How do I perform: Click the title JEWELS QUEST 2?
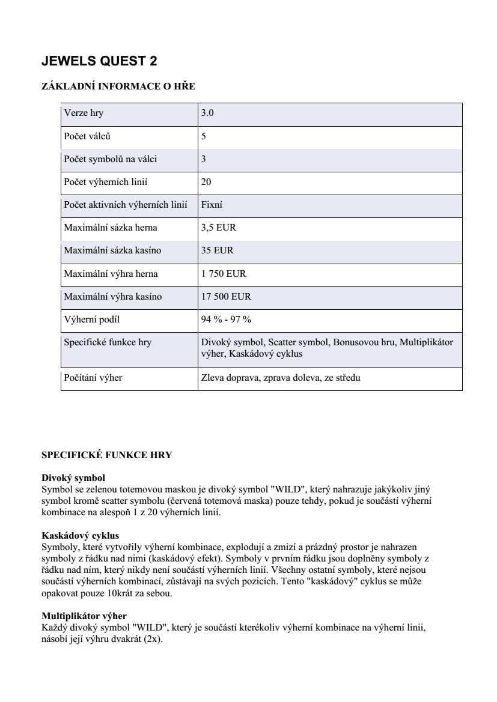tap(99, 61)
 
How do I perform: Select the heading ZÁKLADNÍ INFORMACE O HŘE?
tap(118, 86)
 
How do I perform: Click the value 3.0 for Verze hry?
tap(207, 113)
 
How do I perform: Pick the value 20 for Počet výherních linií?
tap(206, 182)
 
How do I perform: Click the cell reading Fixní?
tap(212, 205)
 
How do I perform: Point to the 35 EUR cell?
tap(217, 250)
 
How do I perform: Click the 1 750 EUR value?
tap(224, 274)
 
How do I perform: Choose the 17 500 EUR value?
tap(226, 297)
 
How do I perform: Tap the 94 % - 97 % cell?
tap(226, 319)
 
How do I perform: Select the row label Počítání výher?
tap(93, 378)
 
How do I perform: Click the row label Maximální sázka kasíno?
tap(113, 250)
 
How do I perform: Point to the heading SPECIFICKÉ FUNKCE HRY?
tap(107, 455)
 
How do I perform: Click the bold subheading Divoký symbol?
tap(73, 478)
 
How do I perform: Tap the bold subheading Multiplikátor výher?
tap(84, 616)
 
